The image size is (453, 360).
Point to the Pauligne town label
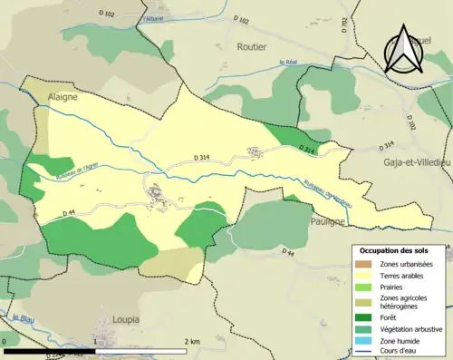point(327,221)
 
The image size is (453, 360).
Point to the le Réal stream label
point(290,62)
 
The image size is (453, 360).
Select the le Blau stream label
point(15,317)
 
